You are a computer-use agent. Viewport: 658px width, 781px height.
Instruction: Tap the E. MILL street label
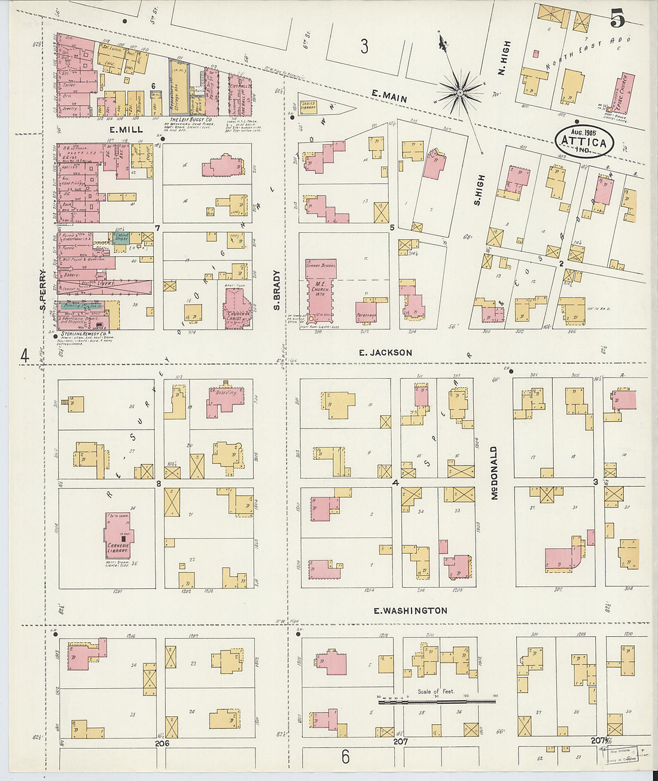126,129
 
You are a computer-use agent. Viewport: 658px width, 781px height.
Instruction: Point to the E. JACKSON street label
385,352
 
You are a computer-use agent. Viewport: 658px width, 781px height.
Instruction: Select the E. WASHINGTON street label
410,610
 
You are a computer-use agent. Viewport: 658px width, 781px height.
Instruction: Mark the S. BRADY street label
276,290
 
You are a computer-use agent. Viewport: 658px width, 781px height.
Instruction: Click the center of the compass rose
459,92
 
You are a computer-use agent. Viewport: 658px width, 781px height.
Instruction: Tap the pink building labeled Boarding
224,398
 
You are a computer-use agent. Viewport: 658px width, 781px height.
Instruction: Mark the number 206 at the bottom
162,743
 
